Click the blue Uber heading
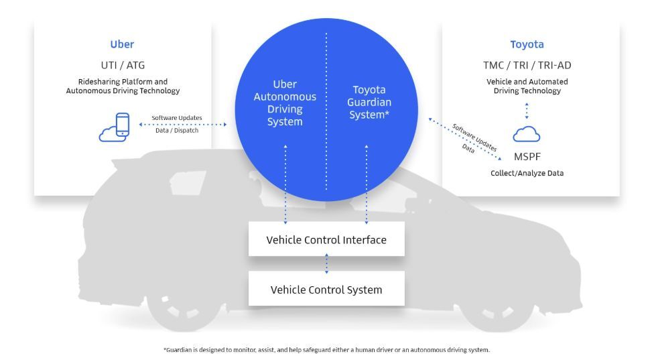click(x=122, y=45)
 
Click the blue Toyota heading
click(x=527, y=45)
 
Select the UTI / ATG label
click(x=122, y=65)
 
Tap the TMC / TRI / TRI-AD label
click(x=527, y=65)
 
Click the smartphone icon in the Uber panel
click(x=123, y=125)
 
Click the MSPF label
click(x=527, y=156)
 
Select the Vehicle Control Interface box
click(x=326, y=239)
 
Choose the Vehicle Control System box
click(x=326, y=290)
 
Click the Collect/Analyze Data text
click(x=527, y=173)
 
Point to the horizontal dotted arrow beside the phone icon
click(x=182, y=124)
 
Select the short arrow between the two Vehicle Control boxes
click(x=326, y=263)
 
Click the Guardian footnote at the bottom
click(x=326, y=349)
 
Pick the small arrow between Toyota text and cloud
click(x=527, y=111)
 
